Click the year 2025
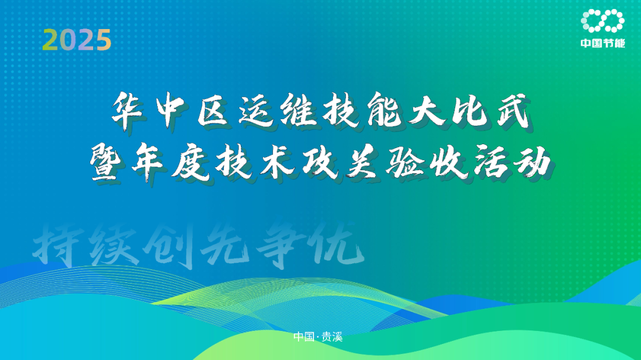click(77, 40)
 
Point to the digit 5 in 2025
click(103, 40)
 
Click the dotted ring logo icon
click(602, 20)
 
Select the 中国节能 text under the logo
click(603, 43)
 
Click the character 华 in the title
click(128, 110)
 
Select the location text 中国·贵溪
click(318, 337)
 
